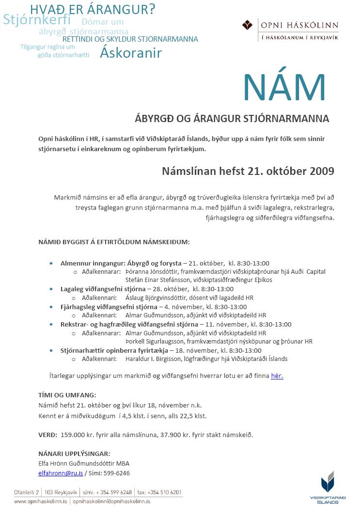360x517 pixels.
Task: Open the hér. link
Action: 277,376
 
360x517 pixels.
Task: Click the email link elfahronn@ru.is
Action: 61,473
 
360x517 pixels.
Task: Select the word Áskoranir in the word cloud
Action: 130,53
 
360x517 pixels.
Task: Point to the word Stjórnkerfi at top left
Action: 37,20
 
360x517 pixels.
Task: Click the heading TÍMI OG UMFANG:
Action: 67,395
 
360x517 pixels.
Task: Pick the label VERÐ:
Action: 47,435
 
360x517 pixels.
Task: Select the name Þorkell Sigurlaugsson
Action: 155,342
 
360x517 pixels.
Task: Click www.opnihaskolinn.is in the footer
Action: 41,501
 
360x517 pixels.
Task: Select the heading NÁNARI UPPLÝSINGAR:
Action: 74,454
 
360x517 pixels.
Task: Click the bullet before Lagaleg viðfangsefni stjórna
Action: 52,289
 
